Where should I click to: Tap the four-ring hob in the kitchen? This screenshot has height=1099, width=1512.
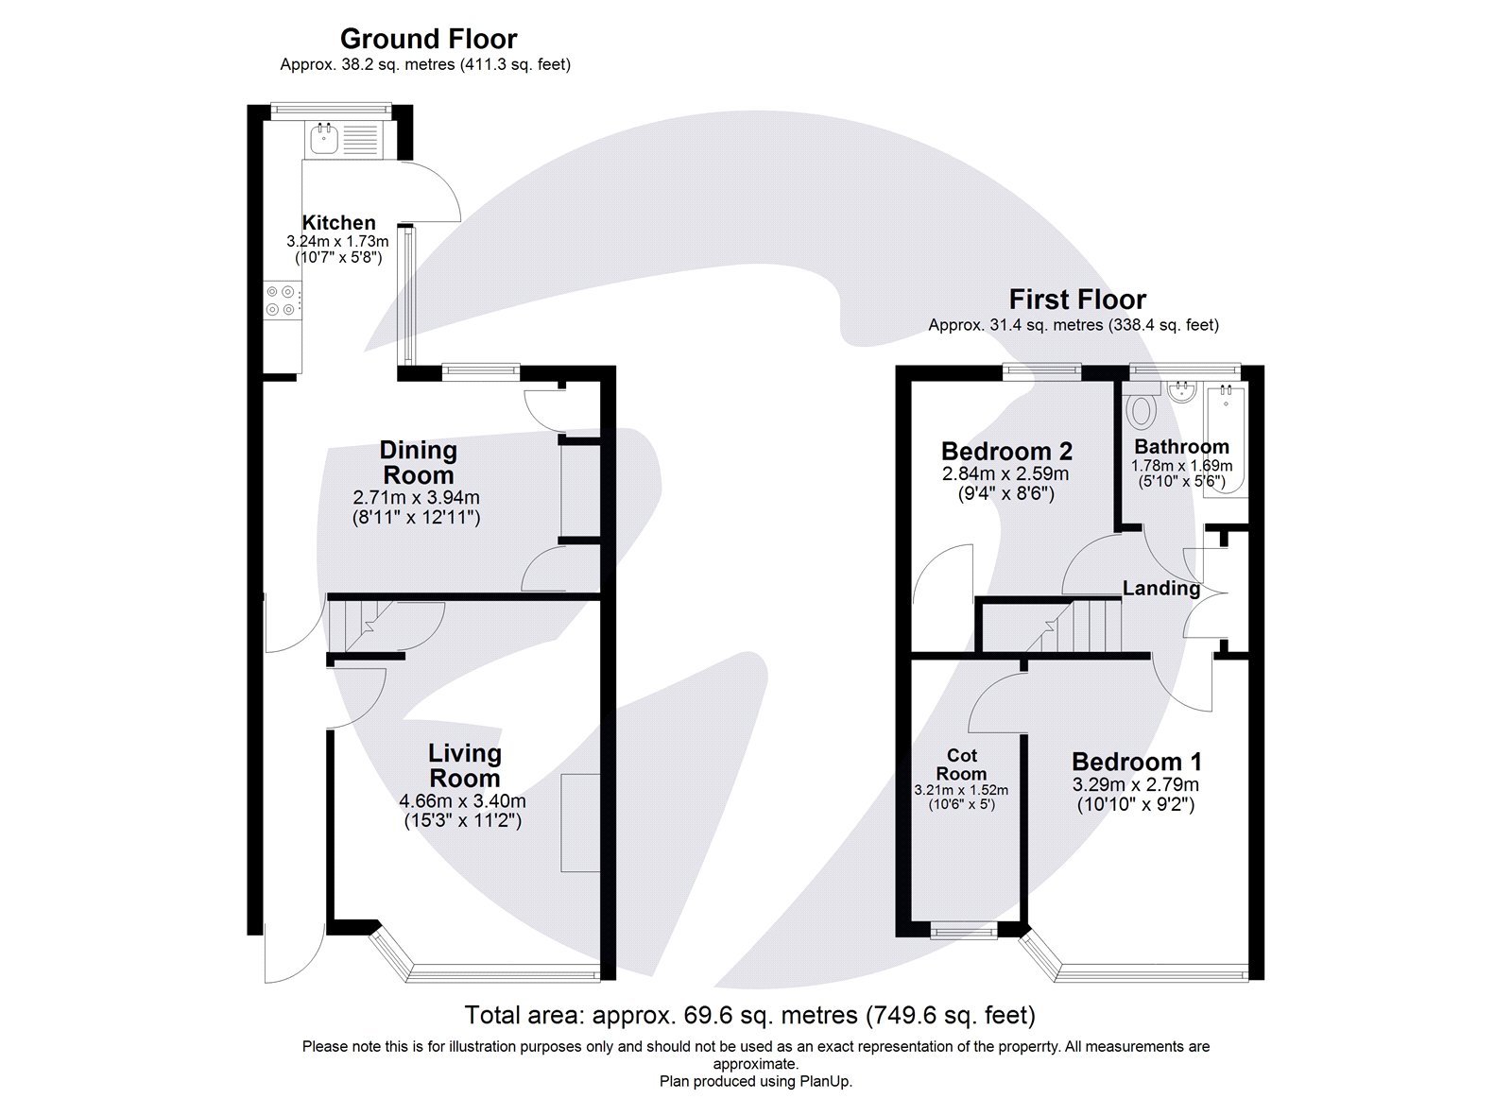click(x=281, y=301)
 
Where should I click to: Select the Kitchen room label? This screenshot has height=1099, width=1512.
click(x=338, y=223)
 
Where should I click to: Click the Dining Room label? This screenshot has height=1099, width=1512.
click(x=418, y=462)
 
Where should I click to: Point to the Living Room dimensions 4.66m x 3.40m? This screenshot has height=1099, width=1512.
click(x=462, y=801)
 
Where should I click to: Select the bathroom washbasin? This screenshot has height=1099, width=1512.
click(x=1181, y=392)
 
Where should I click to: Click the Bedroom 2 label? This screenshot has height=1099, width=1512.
click(x=1006, y=451)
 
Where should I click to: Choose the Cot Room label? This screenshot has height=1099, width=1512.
click(x=961, y=764)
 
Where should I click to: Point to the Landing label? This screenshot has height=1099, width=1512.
click(x=1160, y=589)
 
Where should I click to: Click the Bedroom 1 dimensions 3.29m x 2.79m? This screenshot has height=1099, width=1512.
click(x=1135, y=784)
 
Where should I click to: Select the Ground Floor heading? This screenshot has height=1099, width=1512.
click(x=428, y=39)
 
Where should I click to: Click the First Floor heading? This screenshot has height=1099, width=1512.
click(x=1077, y=300)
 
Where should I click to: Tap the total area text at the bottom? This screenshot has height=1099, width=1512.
click(x=749, y=1016)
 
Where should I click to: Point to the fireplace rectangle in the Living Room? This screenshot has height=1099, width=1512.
click(x=580, y=822)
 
